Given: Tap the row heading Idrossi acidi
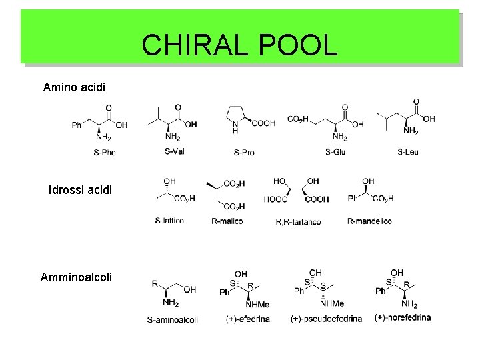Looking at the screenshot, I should pyautogui.click(x=81, y=191).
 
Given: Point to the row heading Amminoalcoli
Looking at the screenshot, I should pyautogui.click(x=77, y=275).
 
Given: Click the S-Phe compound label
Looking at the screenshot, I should pyautogui.click(x=105, y=153).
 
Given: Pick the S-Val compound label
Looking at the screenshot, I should pyautogui.click(x=174, y=151).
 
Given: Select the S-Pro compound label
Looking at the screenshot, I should pyautogui.click(x=244, y=153).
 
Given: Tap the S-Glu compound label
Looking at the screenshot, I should pyautogui.click(x=335, y=153).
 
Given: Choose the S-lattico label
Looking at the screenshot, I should pyautogui.click(x=169, y=221).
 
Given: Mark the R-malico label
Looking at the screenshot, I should pyautogui.click(x=227, y=221).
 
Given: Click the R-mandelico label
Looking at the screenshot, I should pyautogui.click(x=369, y=221).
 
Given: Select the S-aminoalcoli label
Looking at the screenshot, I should pyautogui.click(x=172, y=319).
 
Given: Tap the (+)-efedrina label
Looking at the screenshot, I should pyautogui.click(x=248, y=319).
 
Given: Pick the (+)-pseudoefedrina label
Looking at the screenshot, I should pyautogui.click(x=326, y=319).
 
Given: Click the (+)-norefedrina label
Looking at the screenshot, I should pyautogui.click(x=403, y=317).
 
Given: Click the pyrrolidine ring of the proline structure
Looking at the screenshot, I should pyautogui.click(x=238, y=114).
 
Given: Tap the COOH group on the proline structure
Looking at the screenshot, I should pyautogui.click(x=262, y=123).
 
